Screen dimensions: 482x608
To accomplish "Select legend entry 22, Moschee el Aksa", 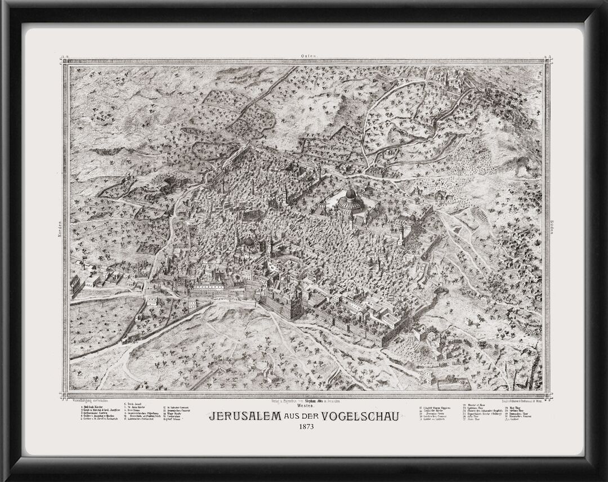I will pyautogui.click(x=476, y=405).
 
